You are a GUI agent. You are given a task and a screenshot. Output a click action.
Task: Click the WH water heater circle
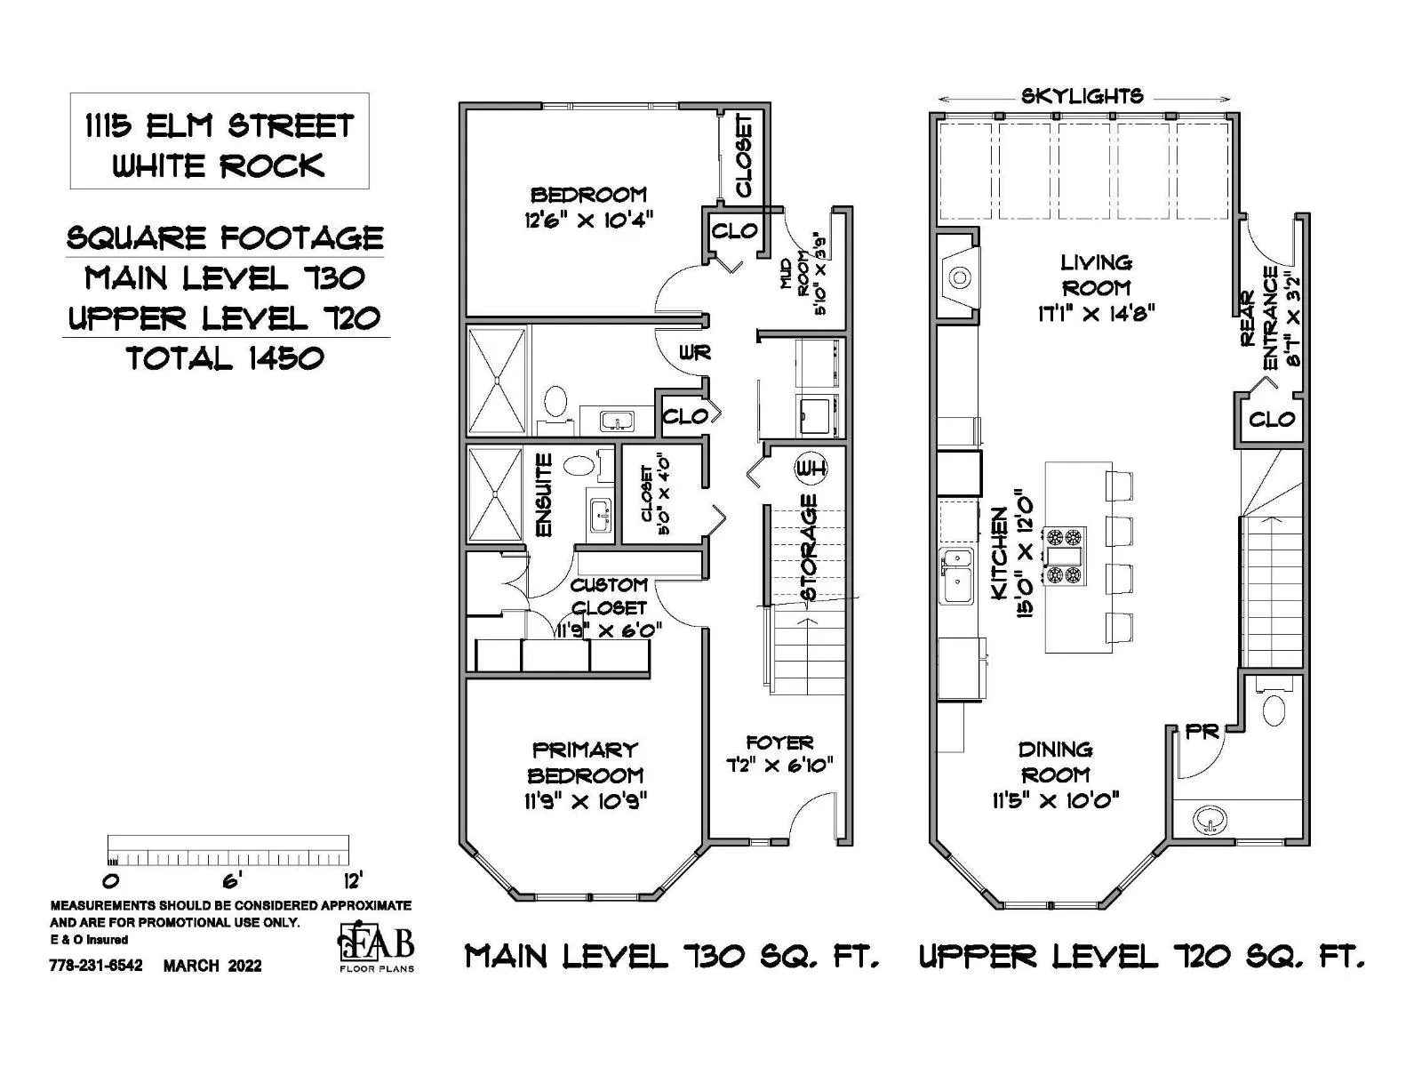point(811,467)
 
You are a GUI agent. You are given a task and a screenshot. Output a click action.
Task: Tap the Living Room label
point(1096,275)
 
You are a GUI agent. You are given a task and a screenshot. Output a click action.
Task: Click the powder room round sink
point(1209,820)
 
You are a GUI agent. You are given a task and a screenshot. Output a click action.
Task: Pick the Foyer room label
point(779,742)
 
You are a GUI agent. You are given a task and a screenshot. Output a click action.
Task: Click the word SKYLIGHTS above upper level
point(1082,97)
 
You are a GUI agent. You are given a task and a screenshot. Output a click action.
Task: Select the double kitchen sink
point(957,576)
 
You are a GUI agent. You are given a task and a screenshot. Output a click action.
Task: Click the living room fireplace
point(958,277)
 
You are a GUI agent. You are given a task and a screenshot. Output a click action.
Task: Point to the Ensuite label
point(545,495)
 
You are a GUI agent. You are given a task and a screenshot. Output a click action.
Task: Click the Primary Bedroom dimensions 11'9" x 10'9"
point(586,801)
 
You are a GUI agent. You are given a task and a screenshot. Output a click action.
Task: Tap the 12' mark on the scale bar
point(353,880)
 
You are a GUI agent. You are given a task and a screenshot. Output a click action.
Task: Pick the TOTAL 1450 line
point(226,358)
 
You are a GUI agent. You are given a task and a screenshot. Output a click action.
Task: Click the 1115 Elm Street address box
point(220,141)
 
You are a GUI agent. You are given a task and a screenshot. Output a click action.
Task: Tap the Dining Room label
point(1055,762)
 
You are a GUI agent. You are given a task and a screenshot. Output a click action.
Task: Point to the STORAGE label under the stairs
point(809,548)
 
